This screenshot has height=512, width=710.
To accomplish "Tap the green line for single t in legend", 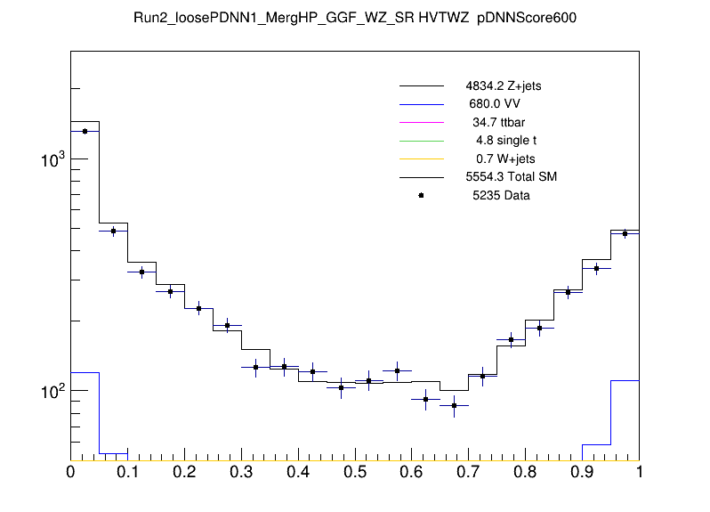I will click(x=421, y=141).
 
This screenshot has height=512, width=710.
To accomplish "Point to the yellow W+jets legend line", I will click(x=421, y=158).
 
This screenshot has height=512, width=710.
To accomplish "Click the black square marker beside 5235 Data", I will click(x=421, y=195).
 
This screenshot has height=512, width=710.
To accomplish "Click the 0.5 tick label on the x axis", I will click(x=355, y=472).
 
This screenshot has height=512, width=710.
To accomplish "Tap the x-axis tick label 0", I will click(x=70, y=472).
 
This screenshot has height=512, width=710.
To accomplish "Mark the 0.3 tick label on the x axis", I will click(x=241, y=472).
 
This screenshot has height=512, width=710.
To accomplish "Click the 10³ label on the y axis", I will click(x=53, y=160).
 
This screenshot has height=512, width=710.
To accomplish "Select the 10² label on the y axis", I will click(x=53, y=392).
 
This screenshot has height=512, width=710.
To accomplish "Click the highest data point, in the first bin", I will click(x=85, y=131).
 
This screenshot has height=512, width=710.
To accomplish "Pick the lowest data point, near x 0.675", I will click(x=455, y=405).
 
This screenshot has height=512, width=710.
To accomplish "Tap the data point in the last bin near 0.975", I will click(x=625, y=233).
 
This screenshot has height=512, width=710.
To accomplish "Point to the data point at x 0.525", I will click(x=369, y=381).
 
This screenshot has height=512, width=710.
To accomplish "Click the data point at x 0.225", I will click(x=198, y=308).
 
